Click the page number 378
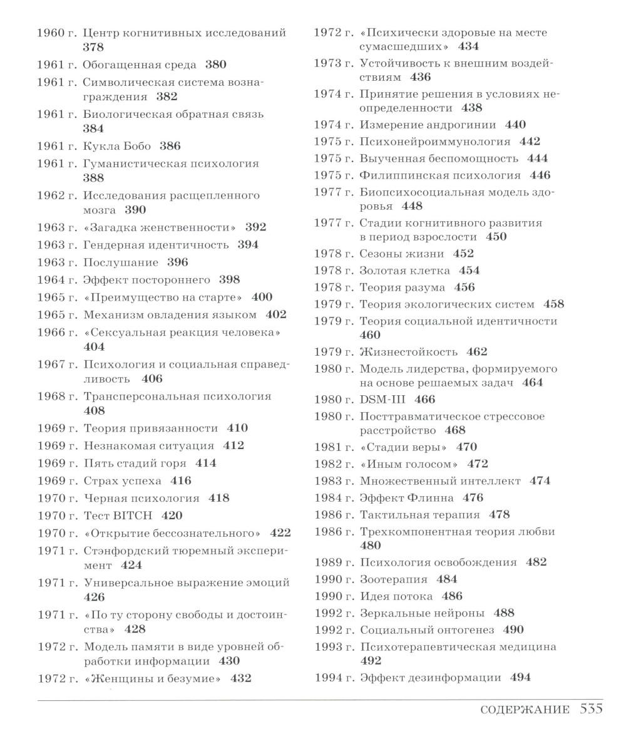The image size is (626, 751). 93,47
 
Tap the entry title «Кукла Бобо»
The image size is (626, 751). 117,146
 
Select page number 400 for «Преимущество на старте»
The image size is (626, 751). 262,297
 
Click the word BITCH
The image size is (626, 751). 133,515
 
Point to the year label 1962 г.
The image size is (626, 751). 56,195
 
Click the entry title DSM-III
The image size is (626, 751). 382,399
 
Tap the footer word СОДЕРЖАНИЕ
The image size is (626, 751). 525,710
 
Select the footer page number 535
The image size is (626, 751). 591,708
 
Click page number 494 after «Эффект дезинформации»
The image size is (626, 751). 520,677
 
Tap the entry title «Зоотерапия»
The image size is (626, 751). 393,579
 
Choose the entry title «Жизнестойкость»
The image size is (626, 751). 408,351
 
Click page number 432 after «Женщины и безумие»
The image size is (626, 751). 241,678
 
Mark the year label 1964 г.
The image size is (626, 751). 56,279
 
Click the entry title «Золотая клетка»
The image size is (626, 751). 404,271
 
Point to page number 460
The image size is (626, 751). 370,335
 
